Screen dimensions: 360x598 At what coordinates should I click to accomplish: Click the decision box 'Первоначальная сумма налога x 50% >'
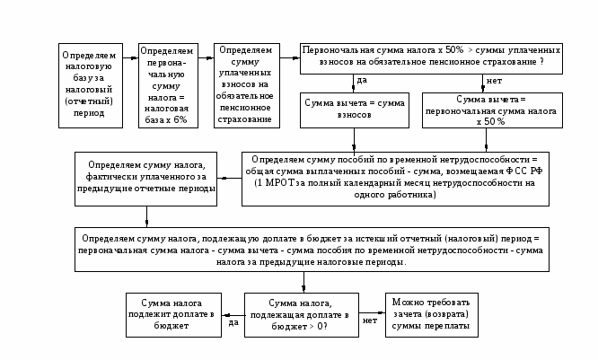coord(431,57)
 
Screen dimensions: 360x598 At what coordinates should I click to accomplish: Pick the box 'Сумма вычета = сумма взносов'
coord(354,110)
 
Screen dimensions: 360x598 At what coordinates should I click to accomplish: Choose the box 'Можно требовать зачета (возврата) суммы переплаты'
coord(429,315)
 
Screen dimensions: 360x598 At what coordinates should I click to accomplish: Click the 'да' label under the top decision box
coord(362,80)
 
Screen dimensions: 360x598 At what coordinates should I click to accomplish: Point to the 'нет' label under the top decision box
coord(494,81)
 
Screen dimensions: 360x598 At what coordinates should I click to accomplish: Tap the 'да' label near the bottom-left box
coord(233,322)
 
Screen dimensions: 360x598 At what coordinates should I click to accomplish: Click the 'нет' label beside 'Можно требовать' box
coord(369,320)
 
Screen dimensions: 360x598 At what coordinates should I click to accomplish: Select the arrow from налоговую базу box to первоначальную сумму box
coord(130,59)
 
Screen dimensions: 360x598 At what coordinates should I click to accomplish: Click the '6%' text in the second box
coord(179,119)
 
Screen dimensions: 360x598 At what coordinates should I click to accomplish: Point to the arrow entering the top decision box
coord(288,59)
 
